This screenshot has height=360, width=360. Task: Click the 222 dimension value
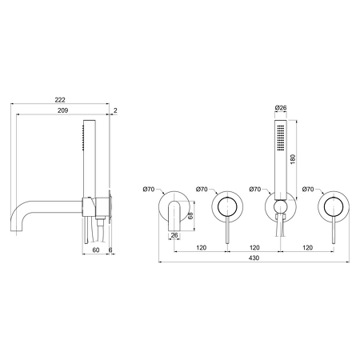coord(60,100)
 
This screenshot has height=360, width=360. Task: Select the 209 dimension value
coord(63,110)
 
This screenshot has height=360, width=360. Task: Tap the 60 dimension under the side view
coord(96,250)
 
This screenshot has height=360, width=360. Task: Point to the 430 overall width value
coord(254,258)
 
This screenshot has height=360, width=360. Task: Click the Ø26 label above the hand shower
coord(281,108)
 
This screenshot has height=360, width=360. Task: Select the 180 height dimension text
coord(293,159)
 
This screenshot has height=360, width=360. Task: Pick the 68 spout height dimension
coord(190,215)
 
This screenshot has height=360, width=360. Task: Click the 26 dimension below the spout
coord(174,235)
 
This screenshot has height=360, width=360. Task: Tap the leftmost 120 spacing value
coord(202,247)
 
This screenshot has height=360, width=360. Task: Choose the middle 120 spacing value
coord(254,247)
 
